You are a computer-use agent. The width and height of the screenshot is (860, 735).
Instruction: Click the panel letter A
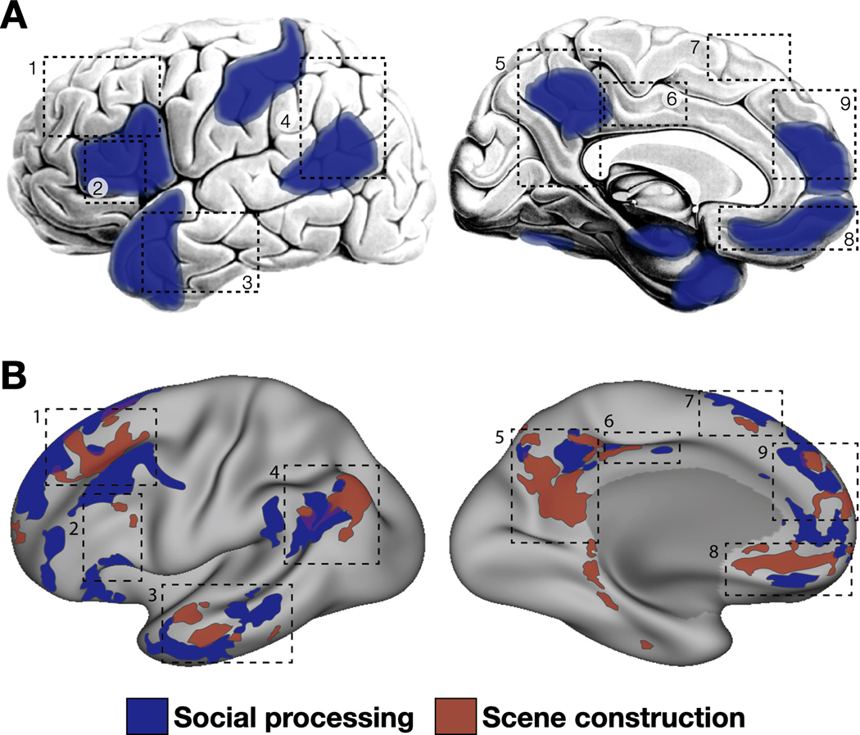pyautogui.click(x=18, y=16)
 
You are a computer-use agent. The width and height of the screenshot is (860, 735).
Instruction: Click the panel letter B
pyautogui.click(x=18, y=378)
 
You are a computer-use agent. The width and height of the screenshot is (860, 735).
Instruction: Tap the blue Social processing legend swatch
pyautogui.click(x=147, y=715)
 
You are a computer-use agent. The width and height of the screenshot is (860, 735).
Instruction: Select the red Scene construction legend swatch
pyautogui.click(x=457, y=715)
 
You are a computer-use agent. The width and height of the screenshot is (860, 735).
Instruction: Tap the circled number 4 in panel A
pyautogui.click(x=285, y=121)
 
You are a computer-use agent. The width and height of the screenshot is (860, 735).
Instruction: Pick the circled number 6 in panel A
pyautogui.click(x=670, y=99)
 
